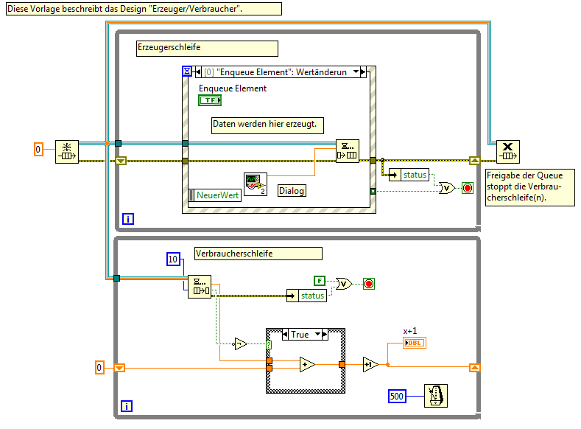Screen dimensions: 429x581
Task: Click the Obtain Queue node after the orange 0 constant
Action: click(66, 150)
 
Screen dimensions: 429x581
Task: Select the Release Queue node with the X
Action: click(507, 151)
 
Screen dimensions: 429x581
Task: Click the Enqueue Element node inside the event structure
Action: click(347, 150)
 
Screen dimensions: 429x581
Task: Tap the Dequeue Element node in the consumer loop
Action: click(199, 285)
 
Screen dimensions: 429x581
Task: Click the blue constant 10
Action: click(173, 259)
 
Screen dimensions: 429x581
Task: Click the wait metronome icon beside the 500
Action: click(435, 396)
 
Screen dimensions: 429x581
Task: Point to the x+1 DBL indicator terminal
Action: click(415, 343)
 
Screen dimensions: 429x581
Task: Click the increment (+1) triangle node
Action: click(370, 364)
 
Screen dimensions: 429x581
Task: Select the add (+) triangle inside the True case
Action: click(307, 364)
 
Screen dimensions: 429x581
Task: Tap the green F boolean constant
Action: click(319, 280)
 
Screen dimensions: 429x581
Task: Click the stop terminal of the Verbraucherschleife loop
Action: click(369, 283)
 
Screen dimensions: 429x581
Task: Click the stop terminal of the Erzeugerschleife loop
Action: click(467, 188)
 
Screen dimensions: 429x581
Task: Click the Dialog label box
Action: click(292, 190)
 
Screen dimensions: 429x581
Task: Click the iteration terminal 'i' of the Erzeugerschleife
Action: click(128, 219)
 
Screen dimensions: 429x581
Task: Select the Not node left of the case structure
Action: click(240, 343)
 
